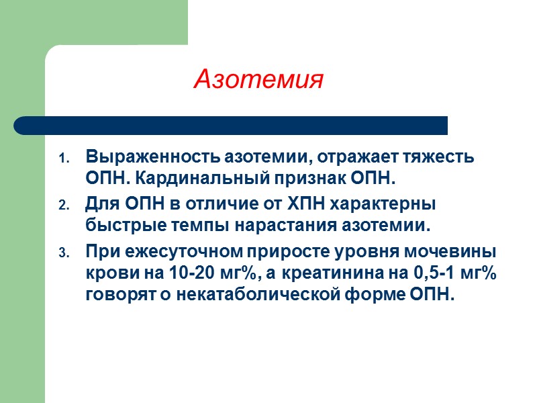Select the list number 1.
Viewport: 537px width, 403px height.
[64, 160]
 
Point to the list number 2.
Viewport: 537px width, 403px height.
[64, 206]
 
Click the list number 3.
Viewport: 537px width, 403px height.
[64, 254]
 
